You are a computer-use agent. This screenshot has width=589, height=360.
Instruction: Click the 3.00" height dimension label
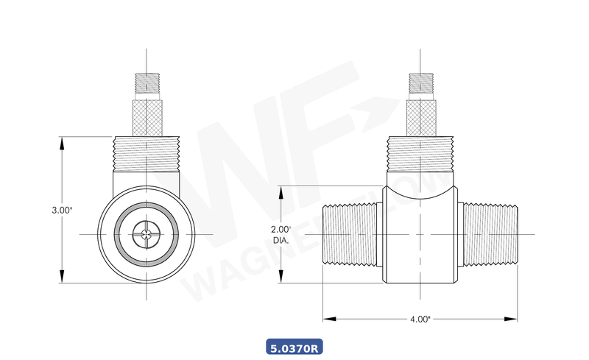pos(62,210)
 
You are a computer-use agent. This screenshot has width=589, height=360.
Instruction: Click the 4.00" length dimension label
pos(420,320)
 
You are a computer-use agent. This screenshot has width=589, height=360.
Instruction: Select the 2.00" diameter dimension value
pos(281,229)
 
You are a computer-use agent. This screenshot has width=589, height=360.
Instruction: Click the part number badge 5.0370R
pos(294,347)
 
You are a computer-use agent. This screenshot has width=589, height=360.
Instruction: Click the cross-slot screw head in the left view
pos(147,235)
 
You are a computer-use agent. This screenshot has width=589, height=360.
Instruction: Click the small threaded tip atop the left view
pos(147,82)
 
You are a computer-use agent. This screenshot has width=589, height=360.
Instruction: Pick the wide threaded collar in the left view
pos(147,155)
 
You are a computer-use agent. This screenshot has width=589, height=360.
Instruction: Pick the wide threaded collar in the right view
pos(420,155)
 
